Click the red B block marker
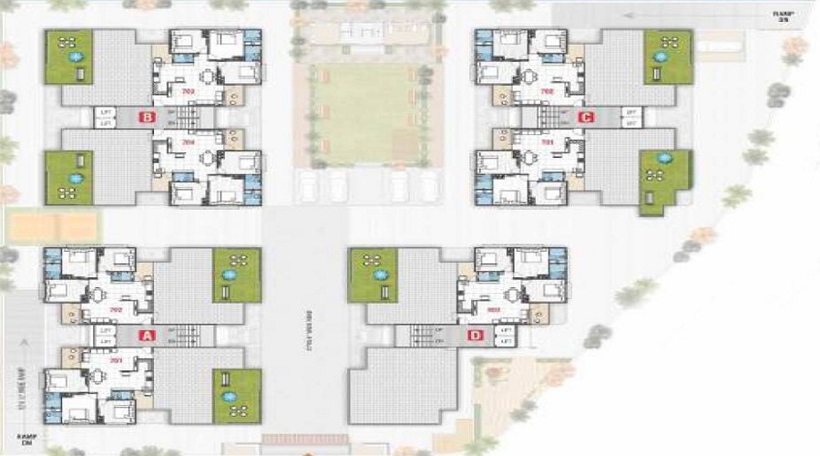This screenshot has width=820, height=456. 145,117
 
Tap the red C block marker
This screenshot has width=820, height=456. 585,117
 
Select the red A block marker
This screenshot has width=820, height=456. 145,336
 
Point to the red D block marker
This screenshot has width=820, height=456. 475,336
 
